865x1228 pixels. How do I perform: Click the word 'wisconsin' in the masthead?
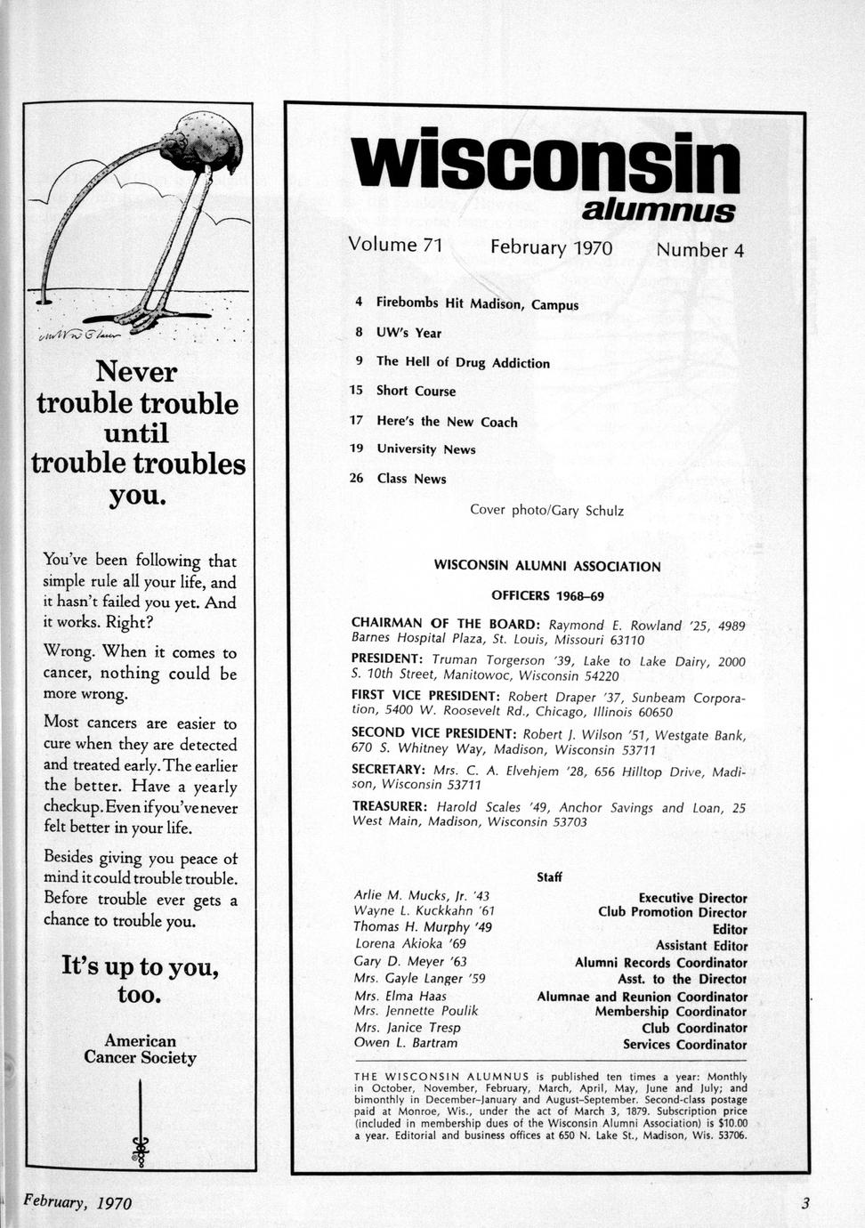(x=545, y=165)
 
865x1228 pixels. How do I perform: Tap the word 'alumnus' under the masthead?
(x=659, y=211)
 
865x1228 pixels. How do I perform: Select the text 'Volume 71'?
(x=395, y=245)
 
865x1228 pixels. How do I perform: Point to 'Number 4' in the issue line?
(x=699, y=250)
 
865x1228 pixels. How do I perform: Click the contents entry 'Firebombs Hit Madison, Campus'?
(x=477, y=303)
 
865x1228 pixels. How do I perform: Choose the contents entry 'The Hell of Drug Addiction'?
(x=463, y=362)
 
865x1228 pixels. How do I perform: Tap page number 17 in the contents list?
(x=357, y=421)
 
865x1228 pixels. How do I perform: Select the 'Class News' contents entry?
(x=411, y=479)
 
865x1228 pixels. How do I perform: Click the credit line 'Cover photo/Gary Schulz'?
(x=546, y=511)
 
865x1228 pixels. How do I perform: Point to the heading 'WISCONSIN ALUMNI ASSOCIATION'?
(x=547, y=566)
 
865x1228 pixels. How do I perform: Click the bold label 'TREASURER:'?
(x=390, y=807)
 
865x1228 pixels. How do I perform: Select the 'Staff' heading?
(x=549, y=877)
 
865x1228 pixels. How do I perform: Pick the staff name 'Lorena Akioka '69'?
(x=410, y=943)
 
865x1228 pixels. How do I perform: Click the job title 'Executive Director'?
(x=692, y=899)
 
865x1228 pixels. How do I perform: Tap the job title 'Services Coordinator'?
(x=684, y=1045)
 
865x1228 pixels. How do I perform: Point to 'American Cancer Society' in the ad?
(x=140, y=1049)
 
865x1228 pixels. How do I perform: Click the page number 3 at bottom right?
(x=804, y=1204)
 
